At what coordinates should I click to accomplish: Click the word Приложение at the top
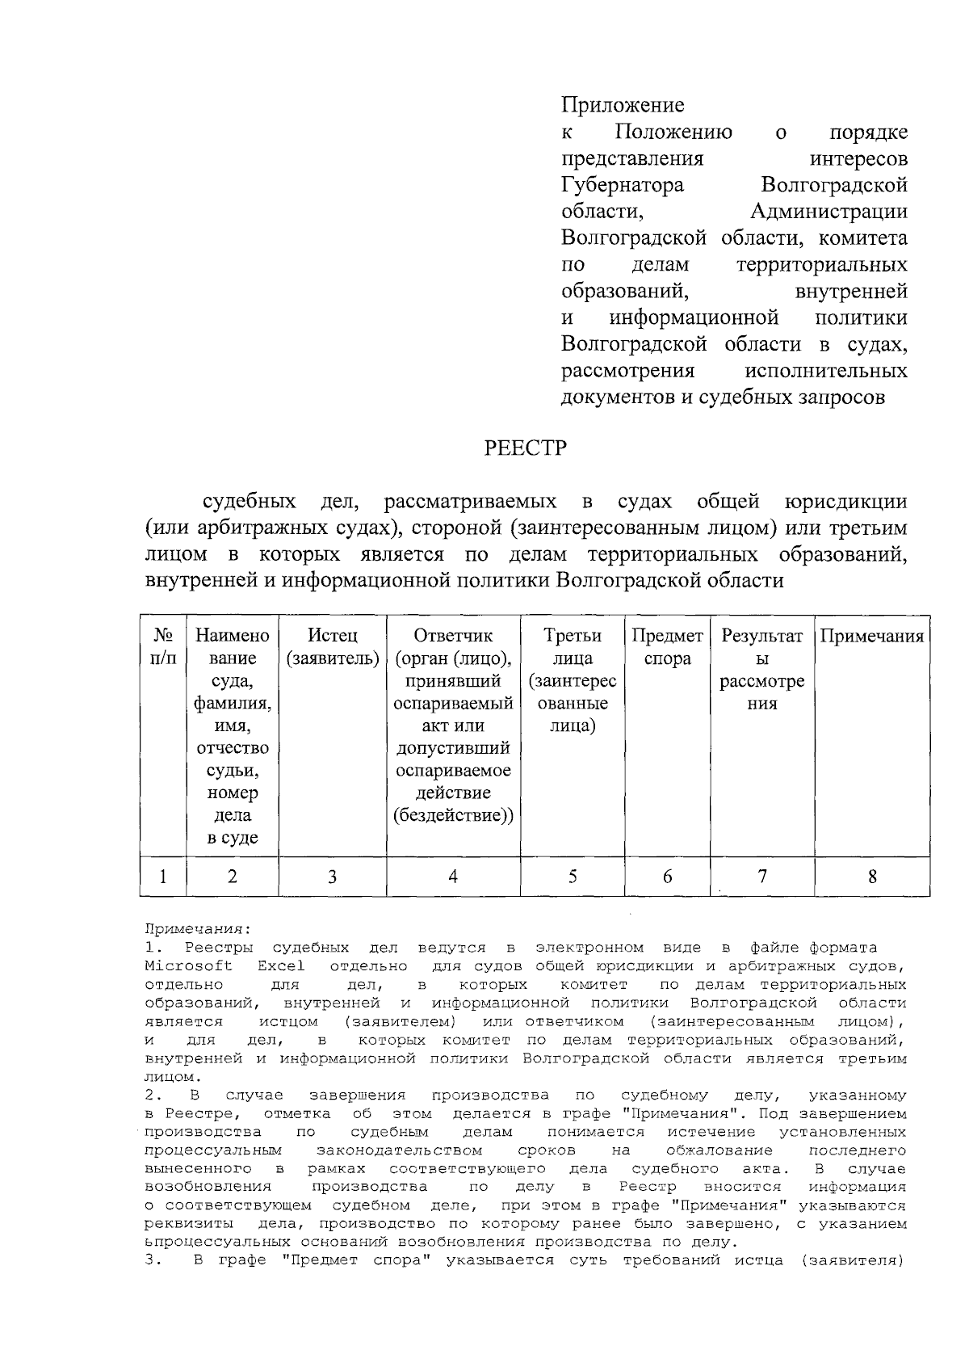(623, 105)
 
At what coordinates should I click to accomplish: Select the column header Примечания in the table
(872, 636)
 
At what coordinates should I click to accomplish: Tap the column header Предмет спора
(667, 647)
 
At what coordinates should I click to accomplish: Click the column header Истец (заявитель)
(333, 647)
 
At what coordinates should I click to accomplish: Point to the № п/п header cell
(163, 647)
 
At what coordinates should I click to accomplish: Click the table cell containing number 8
(872, 876)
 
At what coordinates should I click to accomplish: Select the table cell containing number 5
(573, 876)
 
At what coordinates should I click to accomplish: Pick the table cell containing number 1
(163, 876)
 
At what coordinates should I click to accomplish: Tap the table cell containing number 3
(333, 876)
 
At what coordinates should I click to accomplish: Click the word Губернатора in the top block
(623, 185)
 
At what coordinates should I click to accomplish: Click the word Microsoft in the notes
(188, 966)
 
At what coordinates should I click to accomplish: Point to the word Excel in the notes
(281, 966)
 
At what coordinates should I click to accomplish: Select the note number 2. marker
(151, 1096)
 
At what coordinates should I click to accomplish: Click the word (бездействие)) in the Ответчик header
(453, 815)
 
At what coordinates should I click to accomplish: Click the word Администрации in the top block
(828, 212)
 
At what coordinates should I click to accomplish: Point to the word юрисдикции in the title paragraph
(845, 502)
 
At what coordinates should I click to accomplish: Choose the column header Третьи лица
(573, 647)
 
